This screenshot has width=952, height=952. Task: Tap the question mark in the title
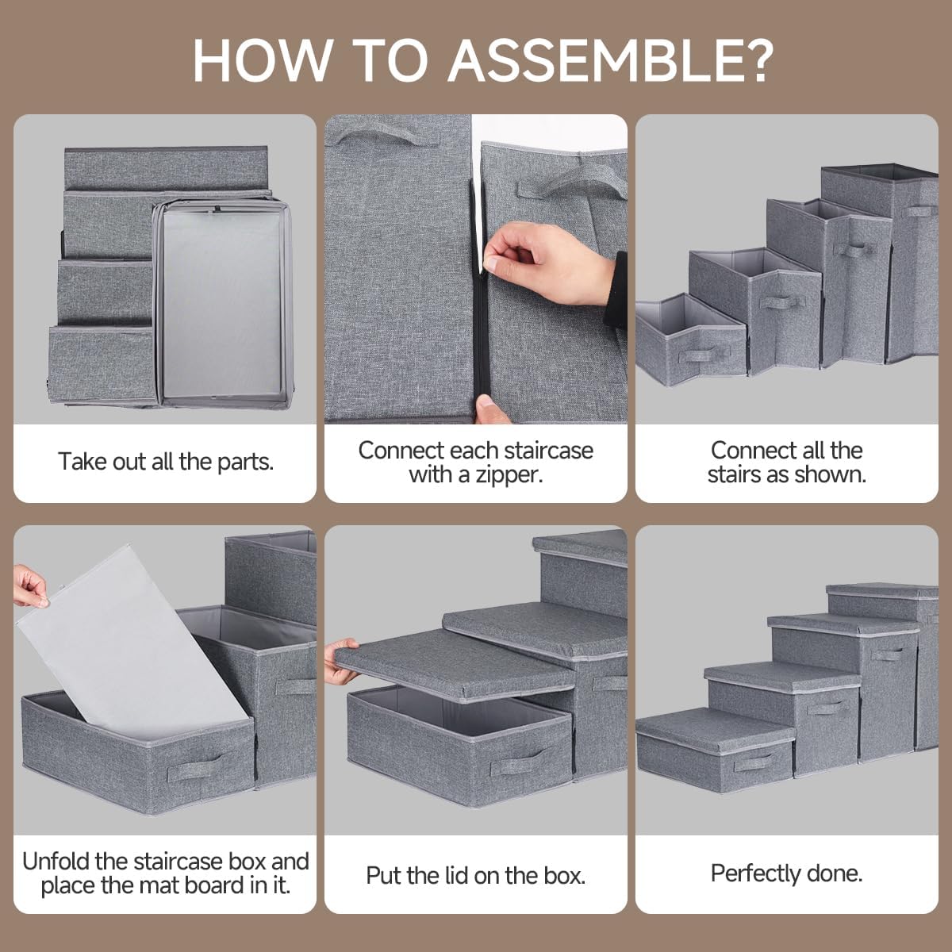750,59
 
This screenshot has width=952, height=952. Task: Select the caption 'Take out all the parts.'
165,462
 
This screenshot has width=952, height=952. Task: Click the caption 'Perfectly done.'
786,873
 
